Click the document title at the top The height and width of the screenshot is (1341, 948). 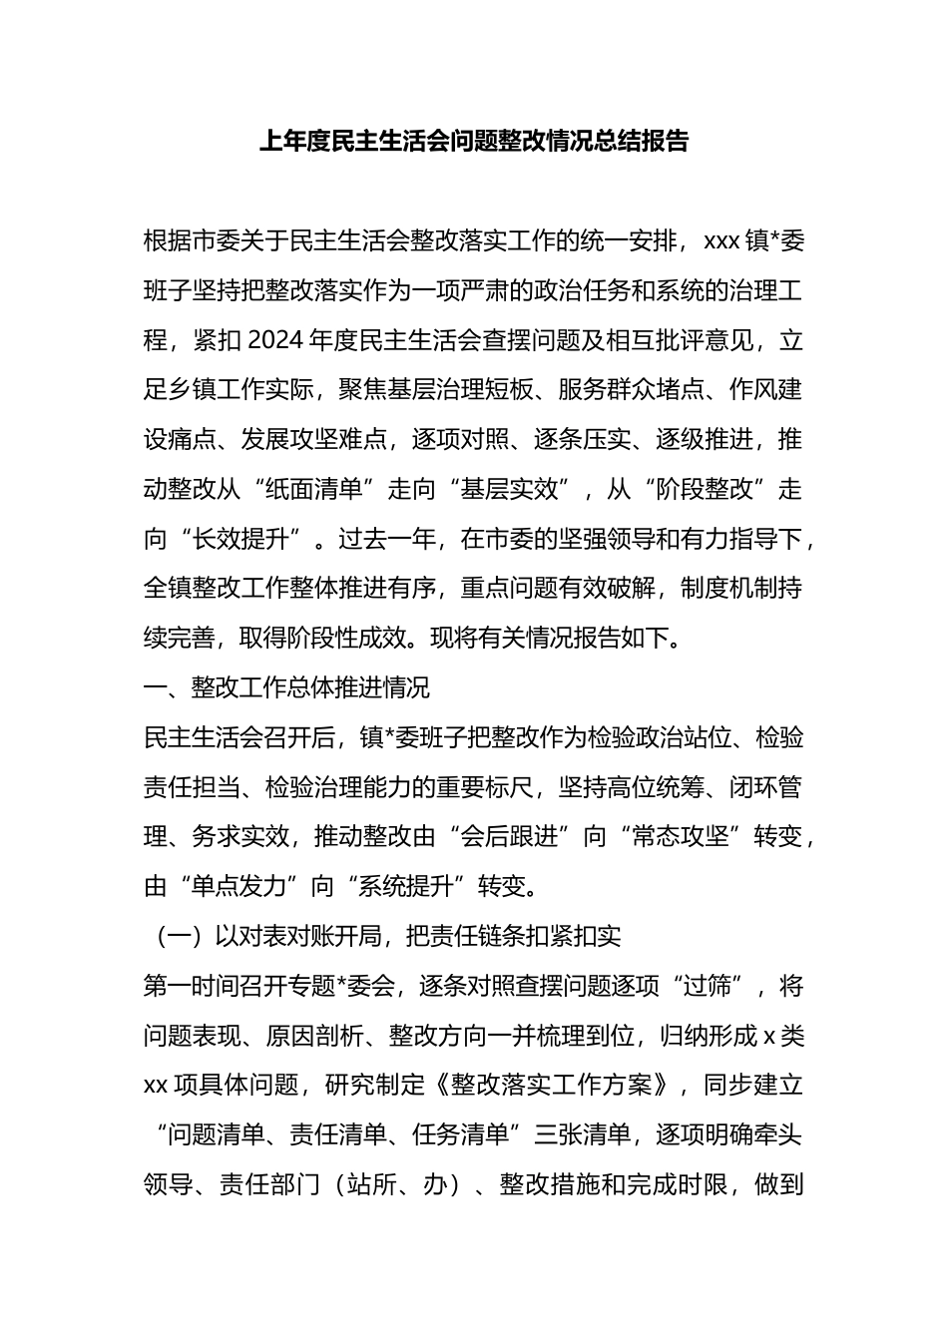(474, 141)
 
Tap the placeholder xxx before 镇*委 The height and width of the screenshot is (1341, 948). (720, 240)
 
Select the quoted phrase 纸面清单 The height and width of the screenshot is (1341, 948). (313, 489)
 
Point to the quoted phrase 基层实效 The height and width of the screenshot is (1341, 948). (509, 489)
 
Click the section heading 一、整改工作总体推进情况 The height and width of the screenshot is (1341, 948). (286, 687)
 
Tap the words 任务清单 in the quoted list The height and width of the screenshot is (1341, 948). (473, 1134)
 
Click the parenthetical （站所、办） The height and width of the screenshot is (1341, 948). (399, 1184)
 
